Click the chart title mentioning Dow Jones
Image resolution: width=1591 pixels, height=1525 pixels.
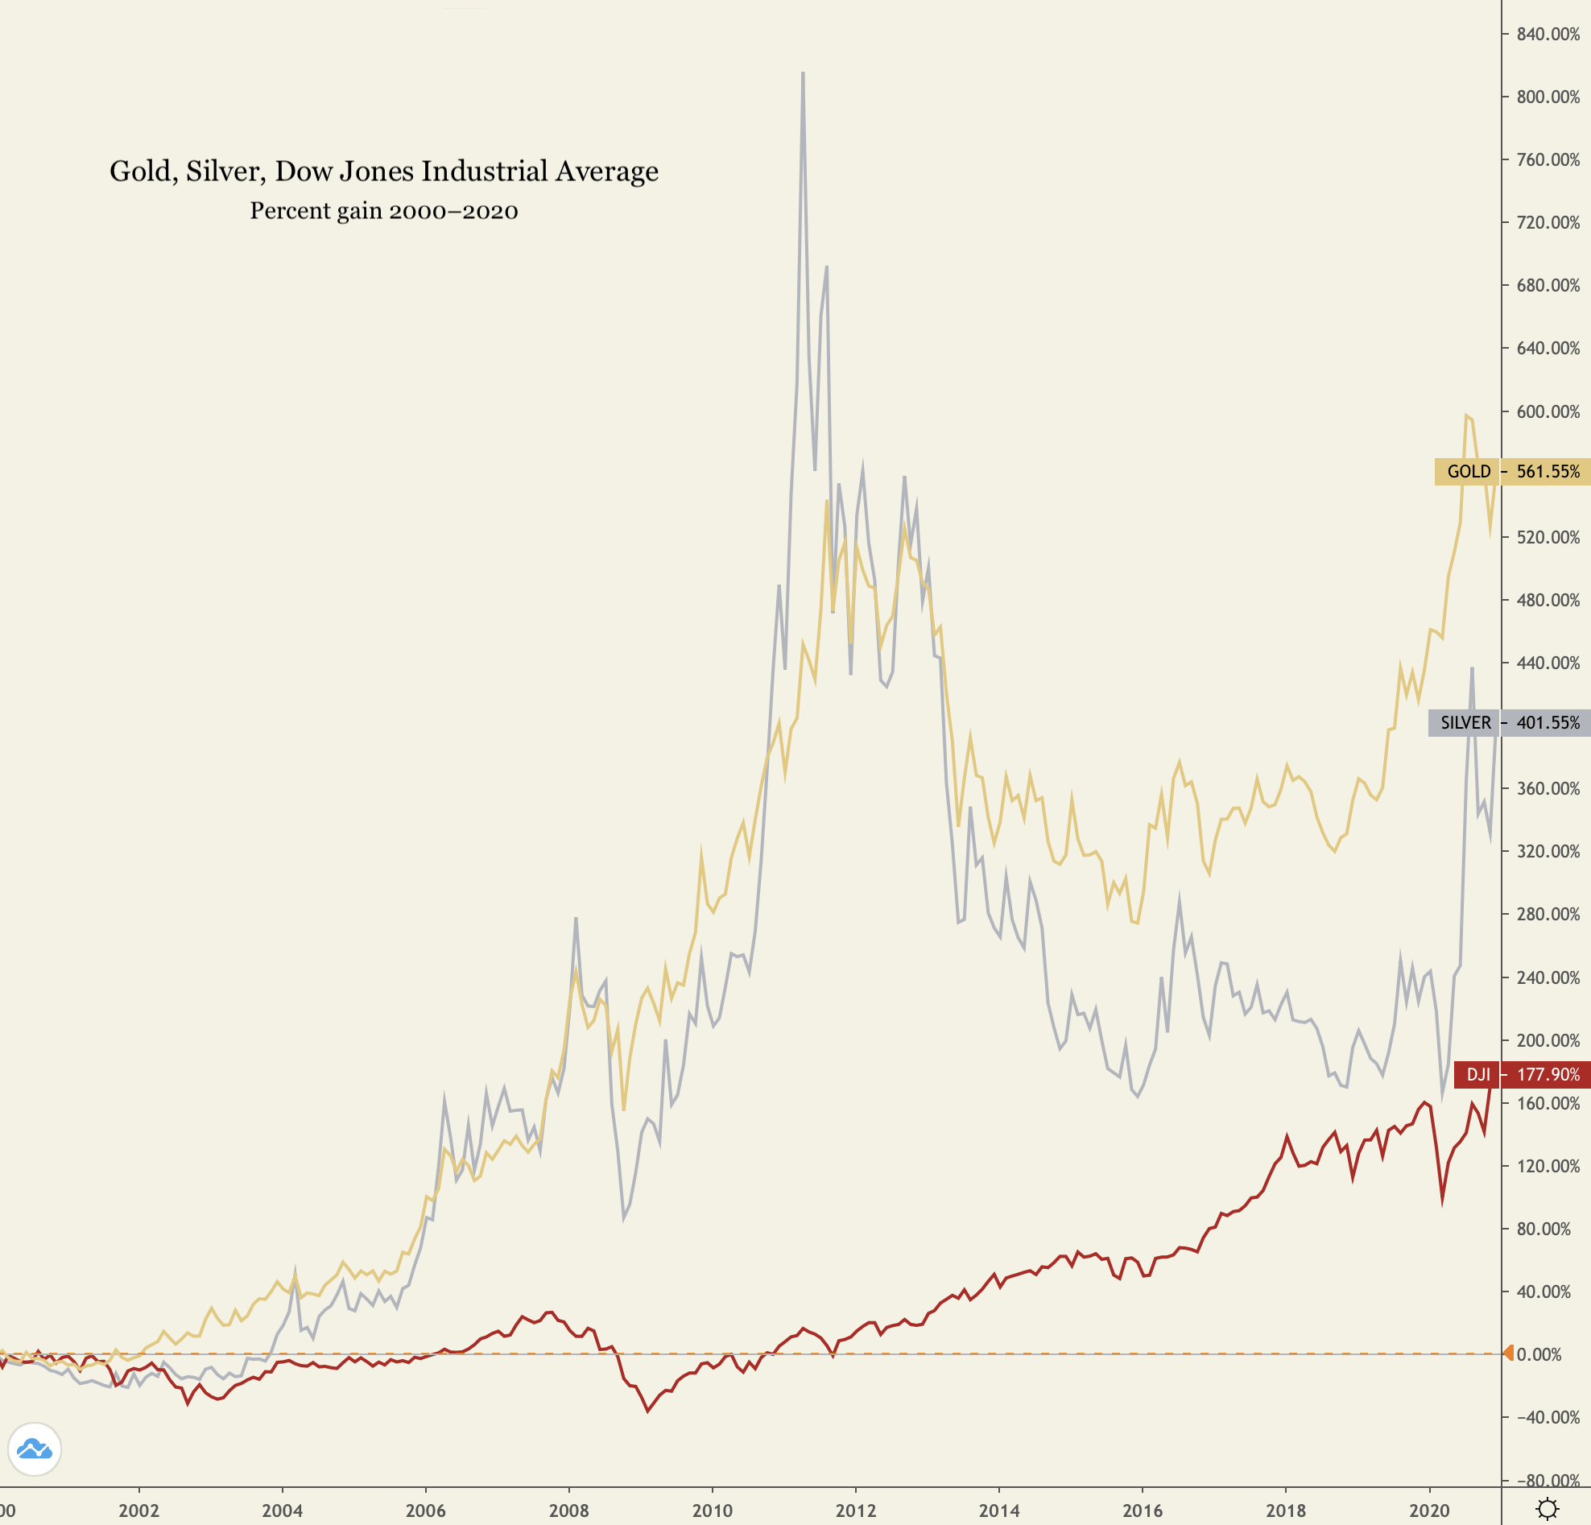click(384, 172)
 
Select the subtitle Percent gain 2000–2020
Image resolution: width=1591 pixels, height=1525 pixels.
click(384, 211)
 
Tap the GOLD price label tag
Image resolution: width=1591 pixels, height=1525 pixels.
click(1467, 472)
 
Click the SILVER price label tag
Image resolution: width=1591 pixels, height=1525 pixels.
click(1464, 722)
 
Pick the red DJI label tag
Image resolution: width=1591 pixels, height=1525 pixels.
click(1477, 1075)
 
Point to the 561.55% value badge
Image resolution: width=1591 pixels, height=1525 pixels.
click(1548, 472)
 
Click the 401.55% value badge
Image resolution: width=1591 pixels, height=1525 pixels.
click(1548, 722)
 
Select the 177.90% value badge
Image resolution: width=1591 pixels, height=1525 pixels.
click(1548, 1075)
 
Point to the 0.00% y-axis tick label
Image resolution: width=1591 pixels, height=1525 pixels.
click(1539, 1354)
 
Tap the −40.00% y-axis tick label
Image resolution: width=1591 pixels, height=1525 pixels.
click(1547, 1417)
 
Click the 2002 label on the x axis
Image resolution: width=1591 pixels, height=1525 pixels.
click(138, 1511)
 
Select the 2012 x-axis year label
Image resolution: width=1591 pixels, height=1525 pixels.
click(856, 1511)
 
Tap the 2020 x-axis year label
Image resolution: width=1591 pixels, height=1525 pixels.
click(1428, 1511)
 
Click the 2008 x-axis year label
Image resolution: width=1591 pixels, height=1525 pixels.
click(569, 1511)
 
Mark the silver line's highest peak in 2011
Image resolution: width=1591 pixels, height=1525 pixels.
click(803, 73)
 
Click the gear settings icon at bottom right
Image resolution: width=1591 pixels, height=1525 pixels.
click(1548, 1509)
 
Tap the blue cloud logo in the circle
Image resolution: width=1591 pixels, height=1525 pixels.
click(35, 1449)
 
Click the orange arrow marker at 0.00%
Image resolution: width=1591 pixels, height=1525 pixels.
click(1508, 1353)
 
